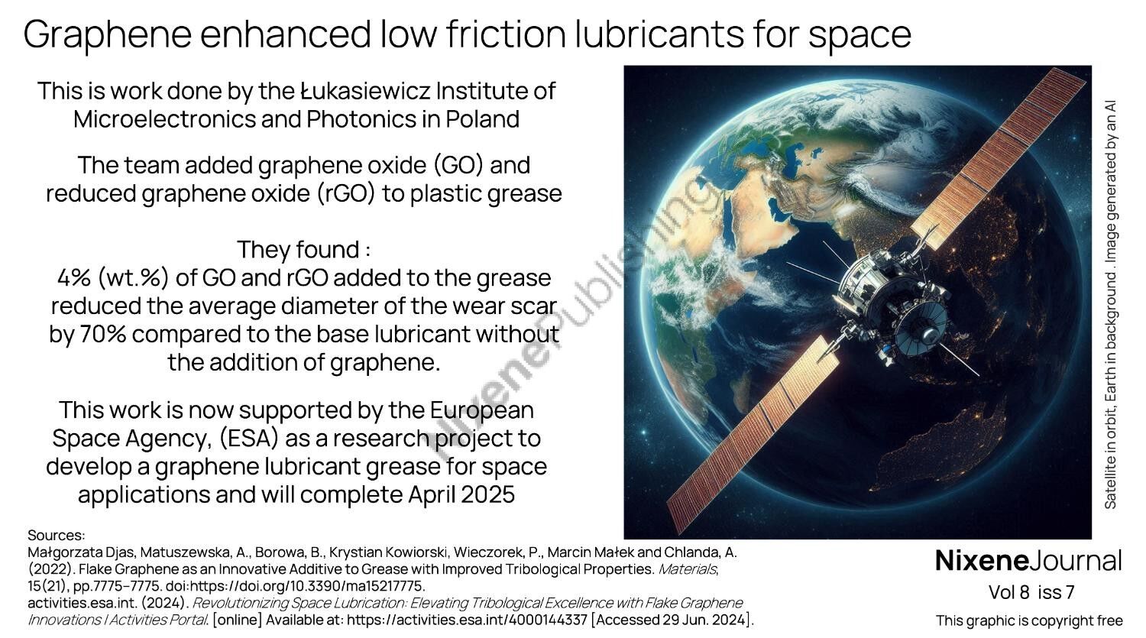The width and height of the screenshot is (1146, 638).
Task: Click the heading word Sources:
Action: click(x=56, y=536)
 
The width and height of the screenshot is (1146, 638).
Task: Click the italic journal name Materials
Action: click(x=686, y=569)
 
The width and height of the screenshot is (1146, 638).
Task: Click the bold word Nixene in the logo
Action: click(x=982, y=561)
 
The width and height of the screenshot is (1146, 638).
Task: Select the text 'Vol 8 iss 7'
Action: click(x=1031, y=592)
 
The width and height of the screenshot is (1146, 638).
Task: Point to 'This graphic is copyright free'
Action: click(x=1029, y=620)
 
